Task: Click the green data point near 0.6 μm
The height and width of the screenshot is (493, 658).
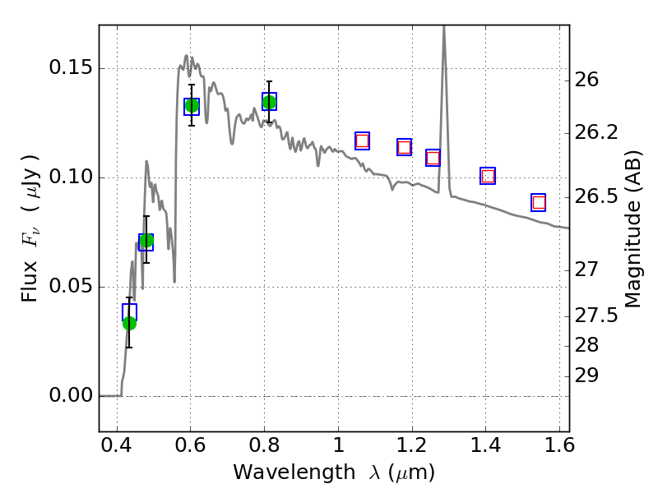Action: (192, 105)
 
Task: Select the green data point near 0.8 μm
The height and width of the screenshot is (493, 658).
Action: (269, 102)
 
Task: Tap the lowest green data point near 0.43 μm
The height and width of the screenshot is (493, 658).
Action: (129, 323)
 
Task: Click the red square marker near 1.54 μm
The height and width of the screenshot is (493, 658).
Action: (539, 202)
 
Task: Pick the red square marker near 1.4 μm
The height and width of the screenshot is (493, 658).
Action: (488, 176)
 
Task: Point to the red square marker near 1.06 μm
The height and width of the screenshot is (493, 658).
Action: (362, 141)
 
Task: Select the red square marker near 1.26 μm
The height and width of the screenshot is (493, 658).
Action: (433, 158)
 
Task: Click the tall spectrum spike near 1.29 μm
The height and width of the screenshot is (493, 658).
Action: (444, 33)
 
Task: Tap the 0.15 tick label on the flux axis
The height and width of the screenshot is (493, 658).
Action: (70, 69)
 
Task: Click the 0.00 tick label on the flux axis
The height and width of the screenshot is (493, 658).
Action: (70, 396)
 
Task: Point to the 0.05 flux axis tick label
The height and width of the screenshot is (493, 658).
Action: (70, 287)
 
